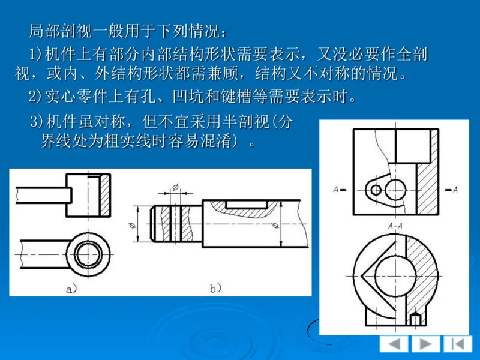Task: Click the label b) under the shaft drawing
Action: tap(216, 289)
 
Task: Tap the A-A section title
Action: tap(395, 226)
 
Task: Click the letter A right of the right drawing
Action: tap(455, 190)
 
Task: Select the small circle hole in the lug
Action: tap(376, 190)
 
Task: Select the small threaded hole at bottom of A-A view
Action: tap(415, 317)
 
